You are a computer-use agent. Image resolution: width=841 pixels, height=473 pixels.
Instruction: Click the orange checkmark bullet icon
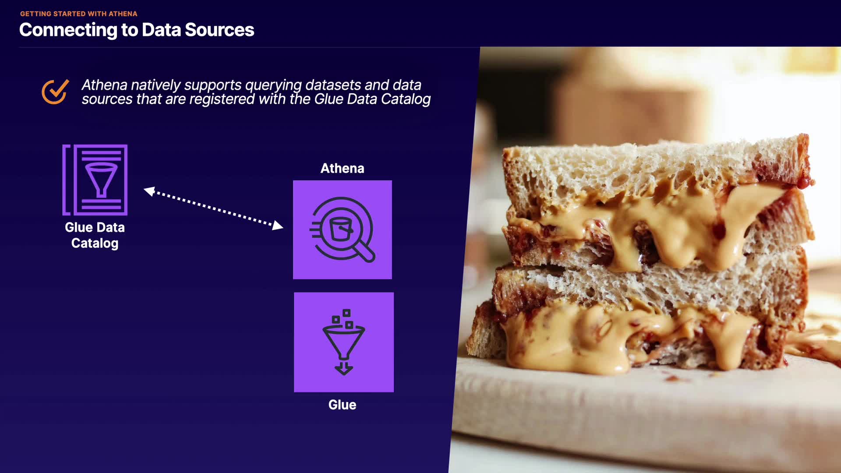point(55,92)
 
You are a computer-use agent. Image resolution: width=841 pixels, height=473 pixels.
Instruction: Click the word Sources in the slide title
point(219,30)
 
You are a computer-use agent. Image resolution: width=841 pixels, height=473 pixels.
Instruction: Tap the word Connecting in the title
point(68,30)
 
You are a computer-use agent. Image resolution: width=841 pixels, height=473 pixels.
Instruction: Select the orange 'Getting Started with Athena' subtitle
point(79,14)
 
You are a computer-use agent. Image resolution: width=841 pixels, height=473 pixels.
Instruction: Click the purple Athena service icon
point(343,229)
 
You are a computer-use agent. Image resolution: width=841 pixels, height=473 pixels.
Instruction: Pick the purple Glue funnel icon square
point(344,342)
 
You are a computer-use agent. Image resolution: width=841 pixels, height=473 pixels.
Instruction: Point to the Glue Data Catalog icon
point(95,180)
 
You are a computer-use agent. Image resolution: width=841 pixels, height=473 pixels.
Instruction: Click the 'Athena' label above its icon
point(343,168)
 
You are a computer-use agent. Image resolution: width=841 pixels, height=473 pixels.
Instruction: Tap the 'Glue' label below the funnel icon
point(343,405)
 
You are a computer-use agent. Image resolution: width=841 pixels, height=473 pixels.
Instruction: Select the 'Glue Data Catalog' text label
point(95,235)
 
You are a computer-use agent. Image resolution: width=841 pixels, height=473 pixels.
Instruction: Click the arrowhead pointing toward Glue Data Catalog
point(149,191)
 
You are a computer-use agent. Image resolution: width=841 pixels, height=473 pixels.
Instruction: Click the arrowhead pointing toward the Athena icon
point(277,225)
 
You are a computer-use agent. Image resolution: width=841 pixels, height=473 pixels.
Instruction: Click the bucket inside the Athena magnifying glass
point(341,229)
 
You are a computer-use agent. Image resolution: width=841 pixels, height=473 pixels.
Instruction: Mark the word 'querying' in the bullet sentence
point(273,85)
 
